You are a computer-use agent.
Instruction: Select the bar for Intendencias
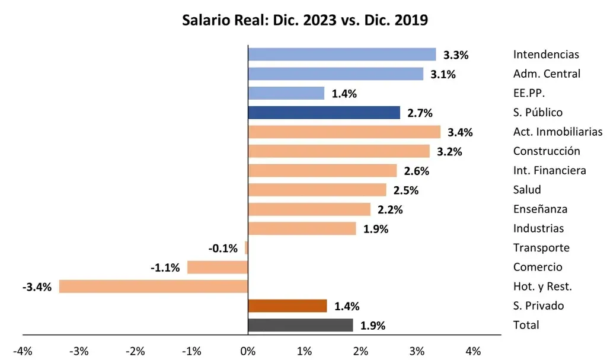tap(341, 55)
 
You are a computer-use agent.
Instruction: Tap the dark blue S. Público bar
tap(324, 113)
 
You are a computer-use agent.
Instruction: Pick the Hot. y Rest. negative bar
tap(153, 286)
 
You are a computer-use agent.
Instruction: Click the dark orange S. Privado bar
tap(287, 306)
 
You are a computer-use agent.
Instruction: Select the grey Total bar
tap(300, 325)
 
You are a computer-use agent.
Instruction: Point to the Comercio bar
tap(217, 267)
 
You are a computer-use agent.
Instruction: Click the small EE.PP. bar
tap(286, 93)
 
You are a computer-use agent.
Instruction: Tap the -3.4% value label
tap(37, 287)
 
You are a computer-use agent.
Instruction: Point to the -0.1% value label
tap(223, 249)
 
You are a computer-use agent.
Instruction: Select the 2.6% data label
tap(416, 171)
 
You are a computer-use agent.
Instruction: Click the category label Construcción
tap(547, 151)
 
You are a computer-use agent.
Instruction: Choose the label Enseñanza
tap(540, 209)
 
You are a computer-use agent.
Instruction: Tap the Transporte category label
tap(541, 248)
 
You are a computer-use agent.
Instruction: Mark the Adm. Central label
tap(547, 74)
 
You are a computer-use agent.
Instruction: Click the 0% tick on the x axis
tap(247, 351)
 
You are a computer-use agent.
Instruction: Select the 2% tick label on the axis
tap(360, 351)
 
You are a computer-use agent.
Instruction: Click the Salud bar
tap(317, 190)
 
